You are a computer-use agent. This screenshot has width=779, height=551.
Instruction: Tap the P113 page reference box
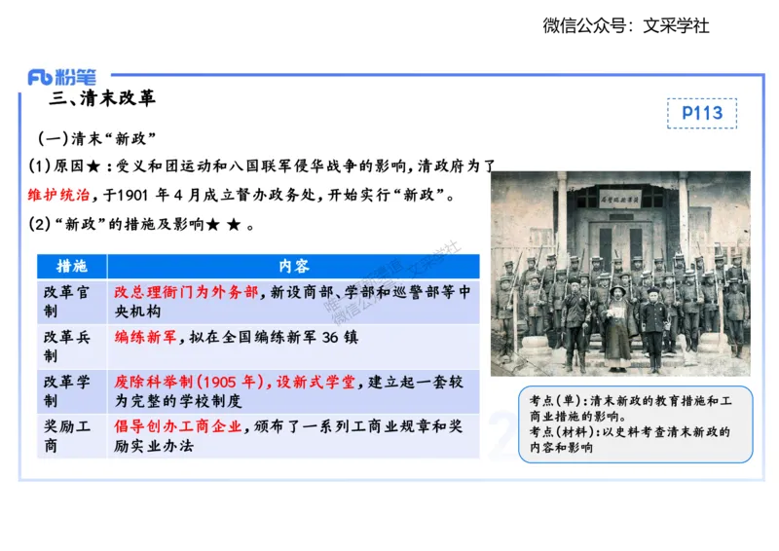[701, 113]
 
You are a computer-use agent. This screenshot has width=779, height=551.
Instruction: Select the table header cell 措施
[71, 266]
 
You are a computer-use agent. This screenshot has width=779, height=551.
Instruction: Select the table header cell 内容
[293, 266]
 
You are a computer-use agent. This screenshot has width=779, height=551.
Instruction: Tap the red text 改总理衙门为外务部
[187, 291]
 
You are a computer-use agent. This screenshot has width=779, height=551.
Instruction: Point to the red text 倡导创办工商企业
[178, 425]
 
